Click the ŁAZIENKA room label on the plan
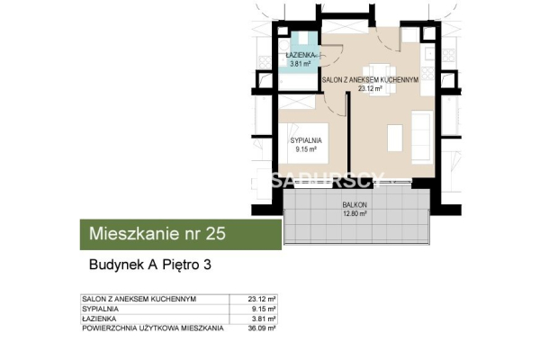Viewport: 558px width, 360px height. tap(301, 56)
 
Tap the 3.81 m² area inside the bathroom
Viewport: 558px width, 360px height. tap(301, 65)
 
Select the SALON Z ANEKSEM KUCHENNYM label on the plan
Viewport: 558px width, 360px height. tap(372, 80)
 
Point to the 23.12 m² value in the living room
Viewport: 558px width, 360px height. tap(372, 89)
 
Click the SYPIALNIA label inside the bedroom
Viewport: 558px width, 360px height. tap(307, 141)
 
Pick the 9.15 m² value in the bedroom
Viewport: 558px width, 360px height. tap(307, 150)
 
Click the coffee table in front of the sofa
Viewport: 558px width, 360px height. tap(395, 136)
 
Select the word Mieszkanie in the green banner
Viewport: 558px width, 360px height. tap(132, 235)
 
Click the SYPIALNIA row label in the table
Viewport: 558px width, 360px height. tap(99, 309)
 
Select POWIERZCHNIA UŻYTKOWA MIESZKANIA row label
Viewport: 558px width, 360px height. tap(152, 328)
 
